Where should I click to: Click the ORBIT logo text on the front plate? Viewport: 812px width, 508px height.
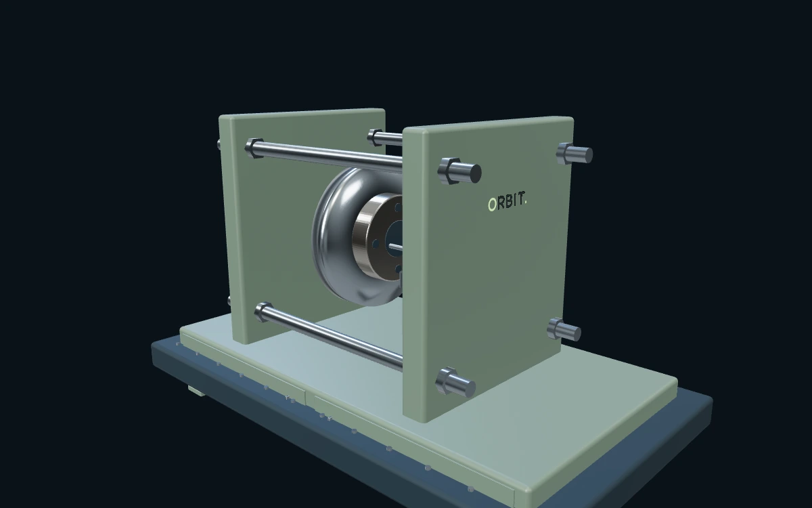pos(507,202)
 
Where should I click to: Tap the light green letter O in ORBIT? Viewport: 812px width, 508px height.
pos(492,205)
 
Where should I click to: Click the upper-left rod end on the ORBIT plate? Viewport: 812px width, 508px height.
pos(459,171)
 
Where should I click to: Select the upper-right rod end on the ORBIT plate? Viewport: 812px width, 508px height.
pos(574,154)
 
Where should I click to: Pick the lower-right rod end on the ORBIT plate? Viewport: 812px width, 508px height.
pos(564,329)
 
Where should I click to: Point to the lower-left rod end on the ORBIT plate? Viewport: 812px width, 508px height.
pos(455,382)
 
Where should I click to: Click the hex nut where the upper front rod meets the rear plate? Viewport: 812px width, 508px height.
pos(254,148)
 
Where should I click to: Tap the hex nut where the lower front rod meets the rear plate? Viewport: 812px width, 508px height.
pos(263,312)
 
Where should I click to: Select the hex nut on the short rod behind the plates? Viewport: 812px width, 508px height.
pos(375,137)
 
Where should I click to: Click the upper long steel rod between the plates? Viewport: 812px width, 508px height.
pos(328,156)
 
